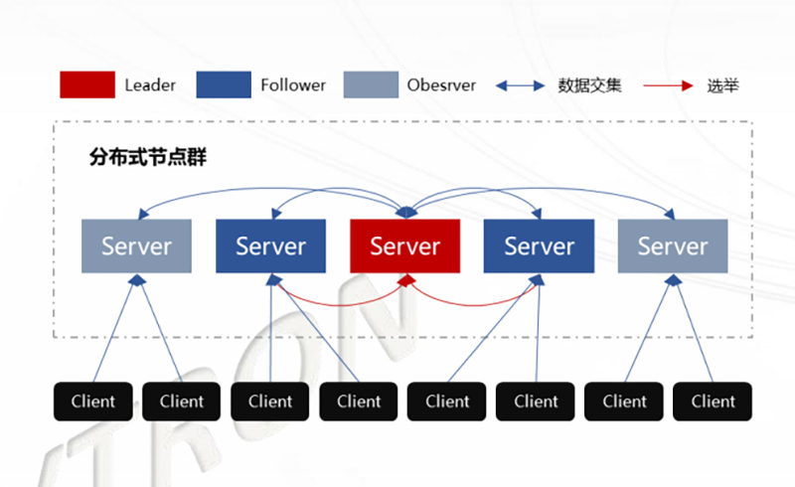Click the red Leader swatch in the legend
point(87,84)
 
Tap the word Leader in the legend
point(150,85)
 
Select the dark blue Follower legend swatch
point(224,84)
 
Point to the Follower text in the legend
point(293,85)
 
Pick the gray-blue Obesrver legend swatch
point(371,84)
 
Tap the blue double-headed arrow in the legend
point(520,85)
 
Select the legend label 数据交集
point(590,85)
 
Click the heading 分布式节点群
point(147,157)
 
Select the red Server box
point(404,245)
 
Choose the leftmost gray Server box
point(136,245)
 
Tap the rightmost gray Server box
point(673,245)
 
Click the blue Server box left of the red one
point(270,245)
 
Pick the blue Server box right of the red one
point(539,245)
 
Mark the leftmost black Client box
point(93,402)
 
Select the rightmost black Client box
point(713,402)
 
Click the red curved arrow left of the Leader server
point(338,299)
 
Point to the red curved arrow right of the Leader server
point(472,299)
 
